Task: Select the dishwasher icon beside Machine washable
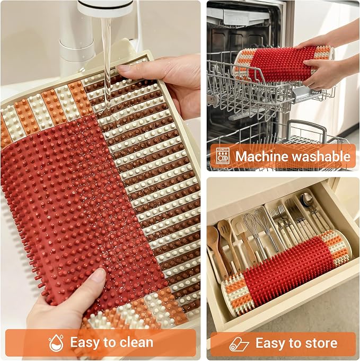(223, 156)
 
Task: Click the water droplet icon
(56, 343)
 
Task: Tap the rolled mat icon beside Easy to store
(239, 344)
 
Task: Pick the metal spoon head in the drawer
(308, 198)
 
